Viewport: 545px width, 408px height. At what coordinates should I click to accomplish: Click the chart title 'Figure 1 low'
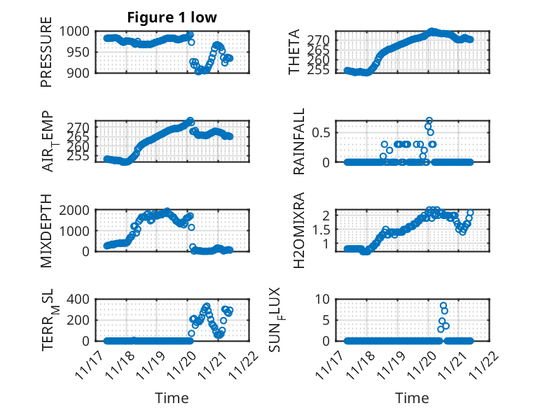tap(172, 17)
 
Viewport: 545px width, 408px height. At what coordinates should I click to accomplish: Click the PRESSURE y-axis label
tap(46, 57)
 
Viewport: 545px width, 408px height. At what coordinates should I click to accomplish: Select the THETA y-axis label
tap(295, 52)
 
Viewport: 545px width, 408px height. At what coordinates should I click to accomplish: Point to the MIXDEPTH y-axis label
tap(46, 230)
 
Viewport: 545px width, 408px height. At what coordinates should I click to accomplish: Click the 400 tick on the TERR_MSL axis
tap(81, 300)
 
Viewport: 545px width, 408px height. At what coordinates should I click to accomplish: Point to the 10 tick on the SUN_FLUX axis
tap(324, 300)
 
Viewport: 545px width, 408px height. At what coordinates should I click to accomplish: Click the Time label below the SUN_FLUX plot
tap(412, 398)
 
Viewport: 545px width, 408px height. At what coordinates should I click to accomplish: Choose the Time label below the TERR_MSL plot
tap(172, 398)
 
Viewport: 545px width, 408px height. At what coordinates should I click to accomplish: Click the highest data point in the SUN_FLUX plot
tap(443, 306)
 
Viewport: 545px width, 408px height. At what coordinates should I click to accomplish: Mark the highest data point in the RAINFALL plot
tap(429, 120)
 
